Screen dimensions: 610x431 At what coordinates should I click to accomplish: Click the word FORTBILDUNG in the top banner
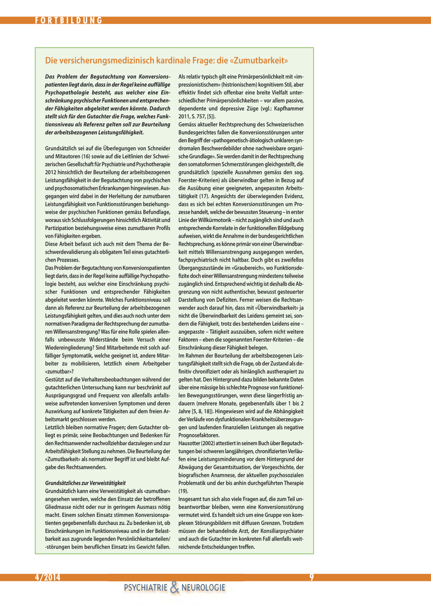69,20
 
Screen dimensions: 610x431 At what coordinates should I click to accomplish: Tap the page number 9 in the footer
311,577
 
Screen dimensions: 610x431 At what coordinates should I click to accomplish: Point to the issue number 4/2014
48,577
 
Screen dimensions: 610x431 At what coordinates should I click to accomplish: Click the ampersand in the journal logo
174,587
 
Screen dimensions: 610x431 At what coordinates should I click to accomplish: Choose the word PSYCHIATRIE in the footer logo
146,588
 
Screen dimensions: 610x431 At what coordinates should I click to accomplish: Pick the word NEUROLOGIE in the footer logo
203,588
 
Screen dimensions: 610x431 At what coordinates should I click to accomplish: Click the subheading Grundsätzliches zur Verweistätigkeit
85,483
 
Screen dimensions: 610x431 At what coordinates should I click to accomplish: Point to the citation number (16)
82,156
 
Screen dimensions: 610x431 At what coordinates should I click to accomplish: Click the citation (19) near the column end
183,491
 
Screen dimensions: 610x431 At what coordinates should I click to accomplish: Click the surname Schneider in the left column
158,148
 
